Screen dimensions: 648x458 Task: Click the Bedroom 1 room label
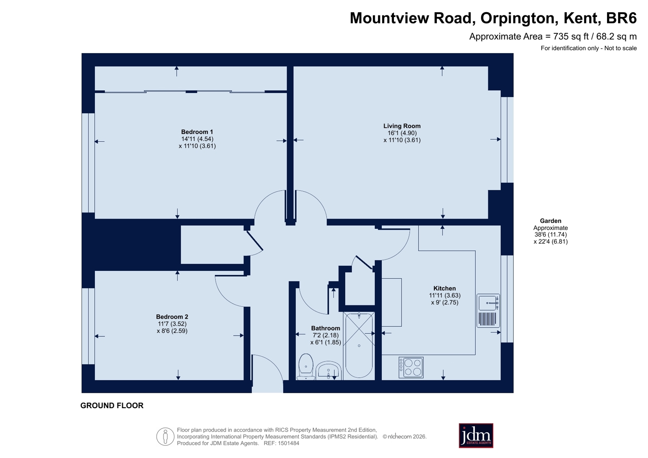pyautogui.click(x=197, y=132)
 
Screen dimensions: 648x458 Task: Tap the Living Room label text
pyautogui.click(x=402, y=126)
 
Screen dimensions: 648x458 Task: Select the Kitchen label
pyautogui.click(x=444, y=288)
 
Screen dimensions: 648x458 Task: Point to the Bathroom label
pyautogui.click(x=325, y=328)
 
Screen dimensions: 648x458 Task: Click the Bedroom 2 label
pyautogui.click(x=172, y=317)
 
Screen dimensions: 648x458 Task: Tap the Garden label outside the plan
pyautogui.click(x=550, y=221)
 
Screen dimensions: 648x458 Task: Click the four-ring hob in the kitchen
pyautogui.click(x=411, y=368)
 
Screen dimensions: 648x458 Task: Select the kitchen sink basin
pyautogui.click(x=488, y=303)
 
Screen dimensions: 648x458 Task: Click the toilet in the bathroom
pyautogui.click(x=306, y=367)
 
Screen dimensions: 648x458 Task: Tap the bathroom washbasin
pyautogui.click(x=328, y=371)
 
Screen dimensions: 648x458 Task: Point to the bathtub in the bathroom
pyautogui.click(x=359, y=346)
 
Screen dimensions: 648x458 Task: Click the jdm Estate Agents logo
pyautogui.click(x=476, y=435)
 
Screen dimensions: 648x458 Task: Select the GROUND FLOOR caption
pyautogui.click(x=112, y=406)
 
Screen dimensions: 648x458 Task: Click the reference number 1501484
pyautogui.click(x=289, y=443)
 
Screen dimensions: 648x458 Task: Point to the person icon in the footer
pyautogui.click(x=165, y=437)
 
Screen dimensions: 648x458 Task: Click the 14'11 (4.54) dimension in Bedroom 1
pyautogui.click(x=197, y=139)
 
